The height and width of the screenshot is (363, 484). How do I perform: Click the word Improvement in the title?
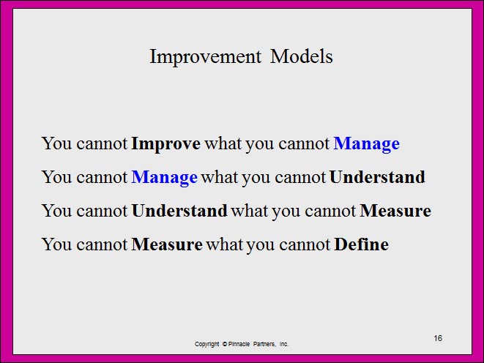coord(205,57)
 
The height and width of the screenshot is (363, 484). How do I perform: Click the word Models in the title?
coord(301,56)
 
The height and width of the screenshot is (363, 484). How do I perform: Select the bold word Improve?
coord(165,144)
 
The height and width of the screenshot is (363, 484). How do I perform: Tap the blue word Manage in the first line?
coord(367,144)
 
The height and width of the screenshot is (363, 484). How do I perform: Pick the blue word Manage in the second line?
coord(165,178)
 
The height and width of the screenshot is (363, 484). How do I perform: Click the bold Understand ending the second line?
coord(377,177)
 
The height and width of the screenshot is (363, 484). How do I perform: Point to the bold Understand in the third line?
coord(179,211)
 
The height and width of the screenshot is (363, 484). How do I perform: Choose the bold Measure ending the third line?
coord(395,211)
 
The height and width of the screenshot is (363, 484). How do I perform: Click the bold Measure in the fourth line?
coord(167,244)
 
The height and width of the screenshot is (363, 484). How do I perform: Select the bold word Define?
coord(362,244)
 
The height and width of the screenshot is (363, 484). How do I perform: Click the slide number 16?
coord(438,338)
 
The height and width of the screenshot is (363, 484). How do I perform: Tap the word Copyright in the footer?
coord(206,344)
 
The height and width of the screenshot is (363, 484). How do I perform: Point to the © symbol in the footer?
coord(225,344)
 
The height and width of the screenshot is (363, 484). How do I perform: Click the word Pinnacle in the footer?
coord(239,344)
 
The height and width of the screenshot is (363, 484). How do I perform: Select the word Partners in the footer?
coord(264,344)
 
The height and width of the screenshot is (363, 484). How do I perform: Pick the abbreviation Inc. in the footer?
coord(284,344)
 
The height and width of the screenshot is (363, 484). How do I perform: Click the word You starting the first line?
coord(56,143)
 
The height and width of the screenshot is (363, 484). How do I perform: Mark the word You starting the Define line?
coord(56,244)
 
